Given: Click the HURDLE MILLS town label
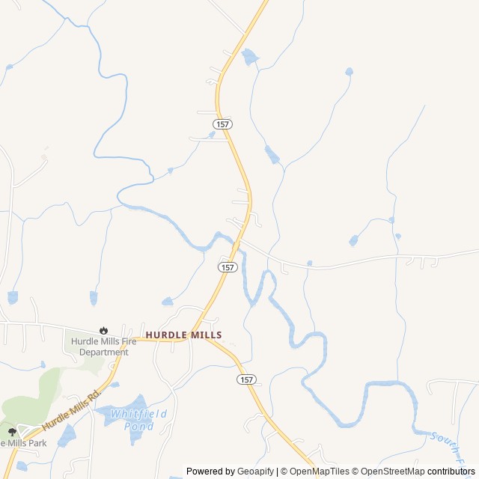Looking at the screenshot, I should [183, 335].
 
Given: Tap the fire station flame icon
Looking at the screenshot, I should [103, 330].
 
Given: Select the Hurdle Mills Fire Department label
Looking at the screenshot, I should [100, 347].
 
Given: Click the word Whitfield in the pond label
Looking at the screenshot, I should [139, 414].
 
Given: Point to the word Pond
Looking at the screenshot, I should [139, 426].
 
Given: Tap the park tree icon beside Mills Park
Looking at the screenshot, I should [12, 432].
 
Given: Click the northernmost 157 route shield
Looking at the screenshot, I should [222, 123].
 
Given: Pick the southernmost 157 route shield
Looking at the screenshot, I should [247, 379].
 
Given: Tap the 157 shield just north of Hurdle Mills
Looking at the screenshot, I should [228, 267].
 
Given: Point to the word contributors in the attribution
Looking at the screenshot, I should [451, 472].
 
